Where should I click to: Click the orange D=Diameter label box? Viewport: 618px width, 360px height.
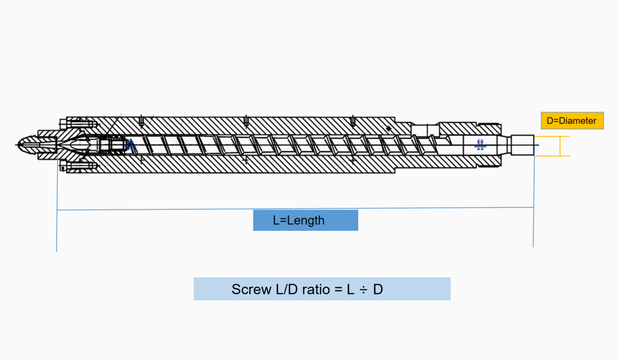click(572, 121)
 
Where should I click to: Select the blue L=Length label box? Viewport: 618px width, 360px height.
click(305, 220)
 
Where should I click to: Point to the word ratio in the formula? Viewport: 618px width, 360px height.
click(316, 289)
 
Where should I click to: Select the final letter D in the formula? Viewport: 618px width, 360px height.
click(378, 289)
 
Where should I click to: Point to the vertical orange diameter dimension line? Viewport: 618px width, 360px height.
click(560, 146)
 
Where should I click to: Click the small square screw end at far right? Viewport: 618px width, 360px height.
click(522, 145)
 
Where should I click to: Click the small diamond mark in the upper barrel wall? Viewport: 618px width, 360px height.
click(388, 128)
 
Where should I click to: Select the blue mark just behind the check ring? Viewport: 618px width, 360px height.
click(130, 145)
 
